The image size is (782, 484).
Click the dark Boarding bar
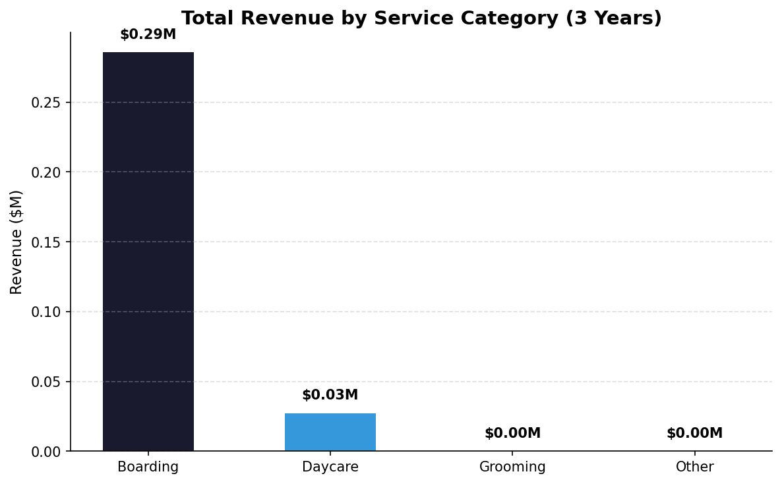click(x=148, y=251)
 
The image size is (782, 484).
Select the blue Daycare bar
click(x=330, y=432)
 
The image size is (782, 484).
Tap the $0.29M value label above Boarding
click(x=148, y=35)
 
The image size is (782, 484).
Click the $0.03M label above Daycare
click(x=330, y=396)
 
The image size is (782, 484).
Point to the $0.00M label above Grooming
click(x=512, y=434)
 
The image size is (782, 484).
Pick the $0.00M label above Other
click(x=694, y=434)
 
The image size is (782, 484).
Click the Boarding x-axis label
click(x=148, y=467)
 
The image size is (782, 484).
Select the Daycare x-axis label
click(x=330, y=467)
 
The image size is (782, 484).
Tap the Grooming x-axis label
click(x=512, y=467)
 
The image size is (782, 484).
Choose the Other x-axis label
click(x=694, y=467)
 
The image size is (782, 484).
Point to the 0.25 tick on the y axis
click(x=45, y=103)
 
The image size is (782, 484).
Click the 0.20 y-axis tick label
click(x=45, y=172)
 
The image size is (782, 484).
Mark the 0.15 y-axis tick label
click(x=45, y=242)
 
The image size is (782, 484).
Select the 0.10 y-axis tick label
click(x=45, y=312)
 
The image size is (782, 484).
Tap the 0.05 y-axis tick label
click(x=45, y=382)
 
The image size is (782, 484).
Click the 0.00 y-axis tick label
click(x=45, y=452)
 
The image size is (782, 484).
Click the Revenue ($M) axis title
click(x=16, y=242)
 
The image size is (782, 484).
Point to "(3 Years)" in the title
click(x=613, y=18)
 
